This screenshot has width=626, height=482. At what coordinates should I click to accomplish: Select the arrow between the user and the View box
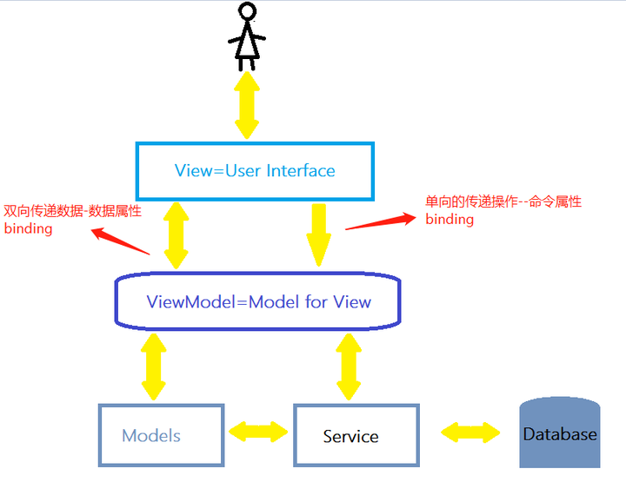[x=247, y=105]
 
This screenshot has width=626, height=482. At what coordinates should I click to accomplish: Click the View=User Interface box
[x=254, y=170]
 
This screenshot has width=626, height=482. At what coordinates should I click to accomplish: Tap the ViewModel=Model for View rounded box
[x=258, y=302]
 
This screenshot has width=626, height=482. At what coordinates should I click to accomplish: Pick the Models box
[x=161, y=435]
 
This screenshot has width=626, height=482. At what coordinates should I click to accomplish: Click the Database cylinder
[x=560, y=432]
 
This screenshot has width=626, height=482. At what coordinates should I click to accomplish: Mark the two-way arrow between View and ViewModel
[x=176, y=235]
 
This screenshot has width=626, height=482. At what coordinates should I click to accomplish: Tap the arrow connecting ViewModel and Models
[x=155, y=366]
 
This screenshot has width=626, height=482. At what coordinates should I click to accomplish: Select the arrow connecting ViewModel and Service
[x=350, y=366]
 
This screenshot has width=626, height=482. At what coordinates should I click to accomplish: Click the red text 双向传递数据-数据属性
[x=72, y=211]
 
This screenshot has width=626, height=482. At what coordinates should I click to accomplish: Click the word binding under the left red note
[x=29, y=229]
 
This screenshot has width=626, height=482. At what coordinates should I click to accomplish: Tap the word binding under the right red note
[x=450, y=220]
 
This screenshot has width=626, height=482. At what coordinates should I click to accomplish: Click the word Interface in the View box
[x=301, y=170]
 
